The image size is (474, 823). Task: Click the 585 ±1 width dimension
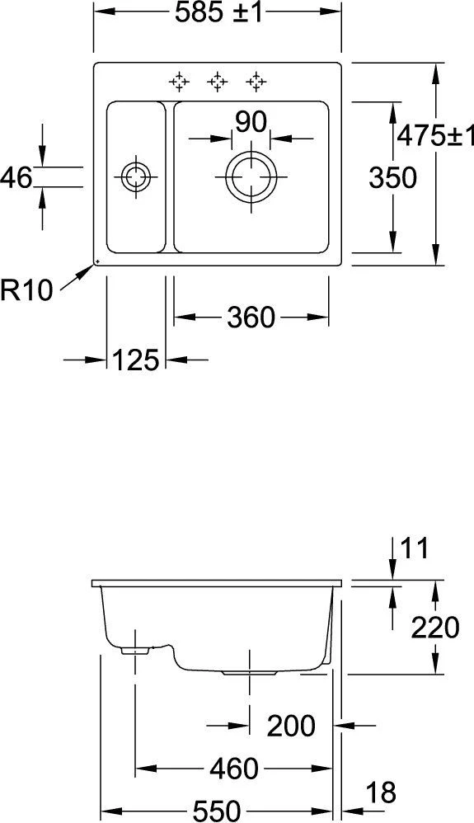218,14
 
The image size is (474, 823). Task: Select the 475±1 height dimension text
434,135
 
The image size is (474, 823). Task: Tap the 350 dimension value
392,176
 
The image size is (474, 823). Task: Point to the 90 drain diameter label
251,121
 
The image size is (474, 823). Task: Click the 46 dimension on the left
16,176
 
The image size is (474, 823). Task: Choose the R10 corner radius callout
26,289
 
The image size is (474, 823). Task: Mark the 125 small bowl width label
136,360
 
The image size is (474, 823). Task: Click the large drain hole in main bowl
251,176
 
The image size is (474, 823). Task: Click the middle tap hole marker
218,81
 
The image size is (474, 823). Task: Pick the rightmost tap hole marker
256,81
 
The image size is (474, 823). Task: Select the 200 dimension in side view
291,726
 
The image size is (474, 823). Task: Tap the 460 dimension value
234,769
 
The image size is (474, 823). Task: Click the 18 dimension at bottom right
380,792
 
